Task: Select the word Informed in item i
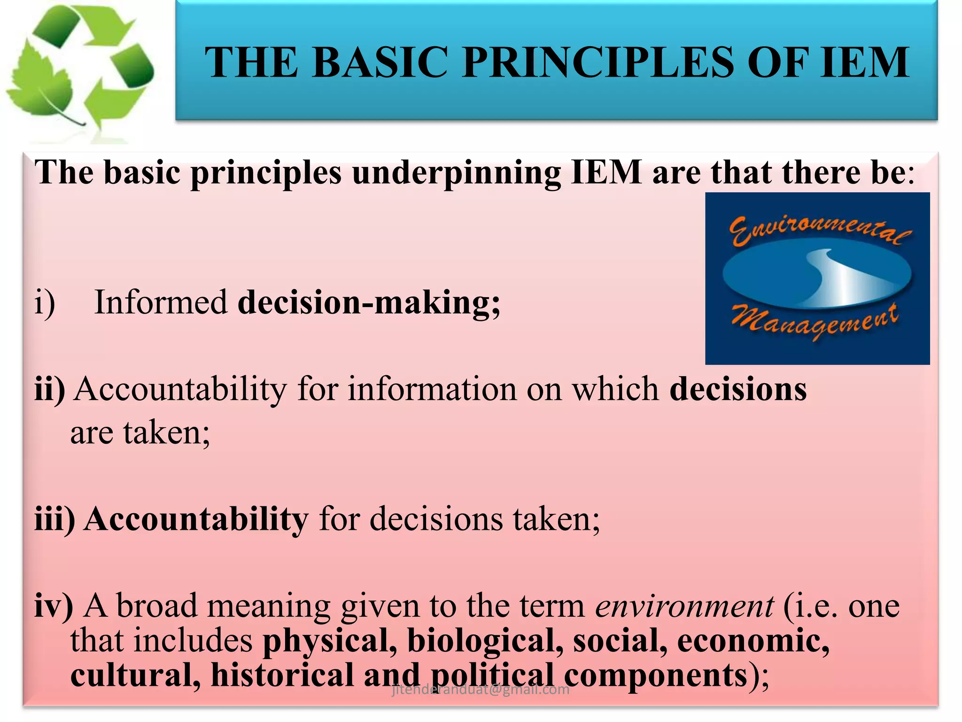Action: tap(161, 302)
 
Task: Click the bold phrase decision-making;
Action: tap(369, 302)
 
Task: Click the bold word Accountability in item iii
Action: tap(196, 519)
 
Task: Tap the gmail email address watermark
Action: tap(480, 690)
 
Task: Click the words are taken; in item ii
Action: tap(140, 433)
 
